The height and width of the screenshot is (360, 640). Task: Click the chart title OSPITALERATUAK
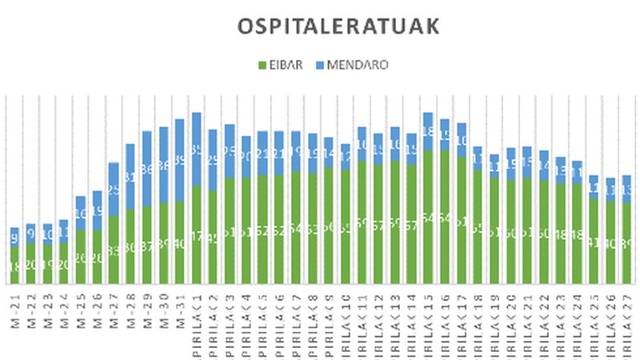[x=338, y=26]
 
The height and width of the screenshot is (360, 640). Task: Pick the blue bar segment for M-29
[x=146, y=168]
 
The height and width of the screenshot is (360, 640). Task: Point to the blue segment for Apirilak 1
[x=197, y=149]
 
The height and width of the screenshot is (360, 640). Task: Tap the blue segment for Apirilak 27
[x=628, y=189]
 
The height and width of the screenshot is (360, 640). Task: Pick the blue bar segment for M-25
[x=80, y=213]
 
